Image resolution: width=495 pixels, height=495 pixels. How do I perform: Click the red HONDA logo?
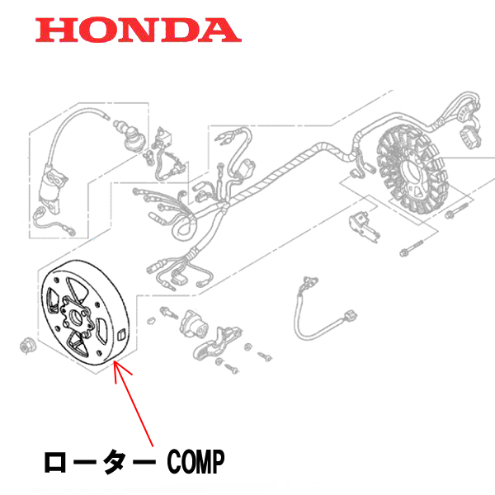138,30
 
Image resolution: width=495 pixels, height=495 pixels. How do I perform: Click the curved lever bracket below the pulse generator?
217,344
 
